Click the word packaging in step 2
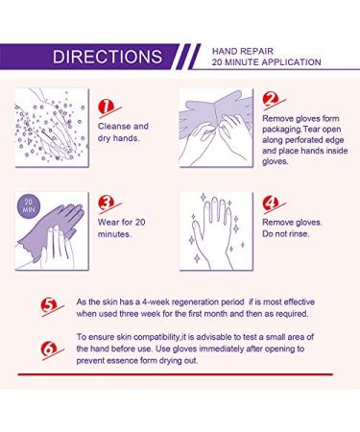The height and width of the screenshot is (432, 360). [x=288, y=134]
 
